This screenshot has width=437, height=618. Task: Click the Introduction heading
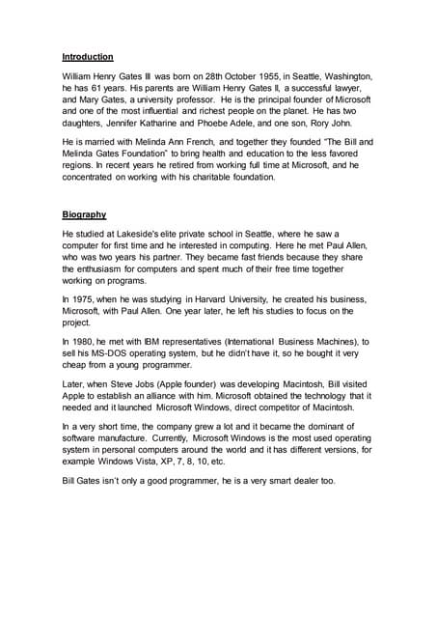(x=88, y=57)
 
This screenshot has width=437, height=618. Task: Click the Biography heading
(x=85, y=213)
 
